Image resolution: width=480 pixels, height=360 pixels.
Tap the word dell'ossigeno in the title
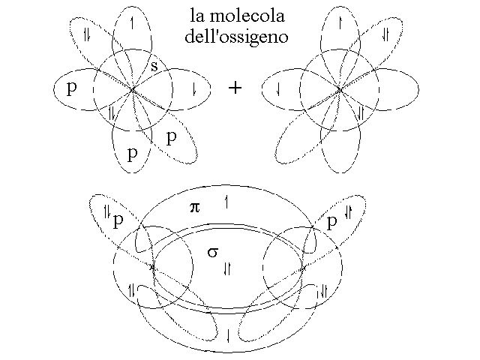tap(237, 37)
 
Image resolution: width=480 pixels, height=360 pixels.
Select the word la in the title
tap(197, 16)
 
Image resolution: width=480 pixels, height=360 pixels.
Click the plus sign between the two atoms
tap(235, 88)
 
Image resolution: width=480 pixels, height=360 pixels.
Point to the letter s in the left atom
tap(154, 66)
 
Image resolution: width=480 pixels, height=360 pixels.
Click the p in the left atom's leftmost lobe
tap(72, 88)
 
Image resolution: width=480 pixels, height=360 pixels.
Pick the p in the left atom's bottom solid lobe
tap(132, 154)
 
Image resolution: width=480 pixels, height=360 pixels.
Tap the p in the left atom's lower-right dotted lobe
tap(172, 138)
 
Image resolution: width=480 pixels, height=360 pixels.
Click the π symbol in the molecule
tap(195, 208)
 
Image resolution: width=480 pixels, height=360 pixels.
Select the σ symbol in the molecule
tap(213, 252)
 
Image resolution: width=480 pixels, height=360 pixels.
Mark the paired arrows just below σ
tap(227, 269)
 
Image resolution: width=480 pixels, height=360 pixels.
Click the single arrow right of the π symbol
tap(226, 202)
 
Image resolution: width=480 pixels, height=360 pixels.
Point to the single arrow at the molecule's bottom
tap(228, 335)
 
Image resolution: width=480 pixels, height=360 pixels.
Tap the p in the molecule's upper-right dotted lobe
tap(331, 222)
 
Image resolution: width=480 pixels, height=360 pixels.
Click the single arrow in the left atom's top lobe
tap(132, 23)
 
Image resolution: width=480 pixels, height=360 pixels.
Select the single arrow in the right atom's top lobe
tap(340, 23)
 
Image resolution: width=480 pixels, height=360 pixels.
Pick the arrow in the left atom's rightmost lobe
tap(194, 89)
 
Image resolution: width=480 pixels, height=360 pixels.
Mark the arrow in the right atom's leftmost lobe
tap(278, 89)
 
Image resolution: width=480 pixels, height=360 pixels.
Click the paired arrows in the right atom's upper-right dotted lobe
tap(385, 34)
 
